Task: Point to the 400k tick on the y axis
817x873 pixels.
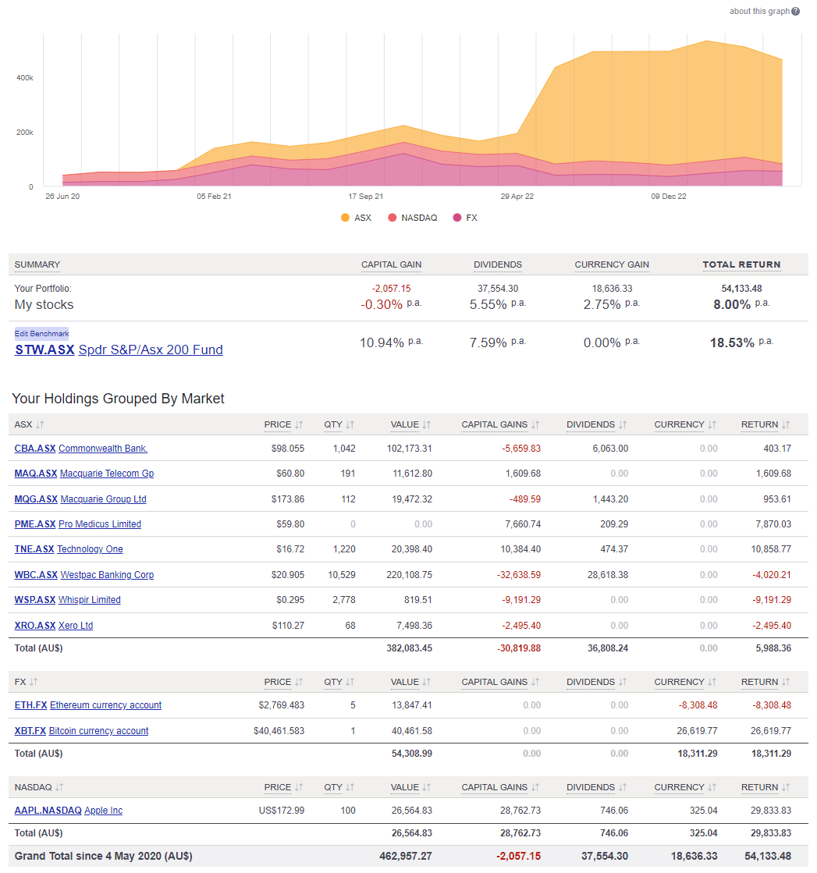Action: (x=24, y=78)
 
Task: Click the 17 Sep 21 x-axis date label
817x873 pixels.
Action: (x=365, y=197)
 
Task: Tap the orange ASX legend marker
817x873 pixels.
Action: (x=346, y=218)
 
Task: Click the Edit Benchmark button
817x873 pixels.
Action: (x=41, y=333)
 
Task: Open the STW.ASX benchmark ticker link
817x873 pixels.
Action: (x=44, y=350)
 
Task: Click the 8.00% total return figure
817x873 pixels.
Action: (x=731, y=304)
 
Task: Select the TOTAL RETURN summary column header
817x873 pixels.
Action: (x=741, y=264)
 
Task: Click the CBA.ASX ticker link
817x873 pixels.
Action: (x=35, y=449)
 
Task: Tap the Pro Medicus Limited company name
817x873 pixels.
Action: (x=100, y=524)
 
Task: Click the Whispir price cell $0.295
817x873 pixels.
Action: (x=288, y=600)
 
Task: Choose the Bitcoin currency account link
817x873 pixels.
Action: (x=98, y=731)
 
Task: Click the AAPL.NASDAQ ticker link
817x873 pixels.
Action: (x=48, y=811)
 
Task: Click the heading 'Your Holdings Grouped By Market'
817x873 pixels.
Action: (x=118, y=399)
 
